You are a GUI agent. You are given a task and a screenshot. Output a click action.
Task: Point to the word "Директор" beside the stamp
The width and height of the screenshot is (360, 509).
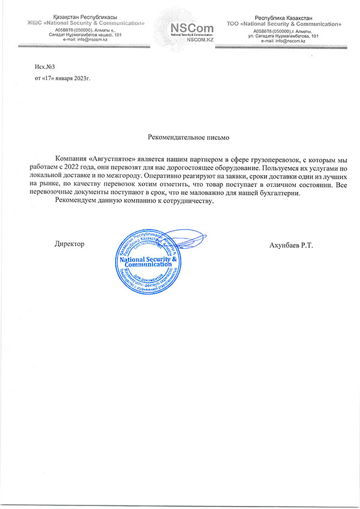tap(69, 243)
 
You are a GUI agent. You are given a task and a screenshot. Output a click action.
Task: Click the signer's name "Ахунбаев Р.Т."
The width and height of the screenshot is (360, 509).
tap(292, 243)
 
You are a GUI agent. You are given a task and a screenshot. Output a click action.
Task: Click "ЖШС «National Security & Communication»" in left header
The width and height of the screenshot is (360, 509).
tap(86, 23)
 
